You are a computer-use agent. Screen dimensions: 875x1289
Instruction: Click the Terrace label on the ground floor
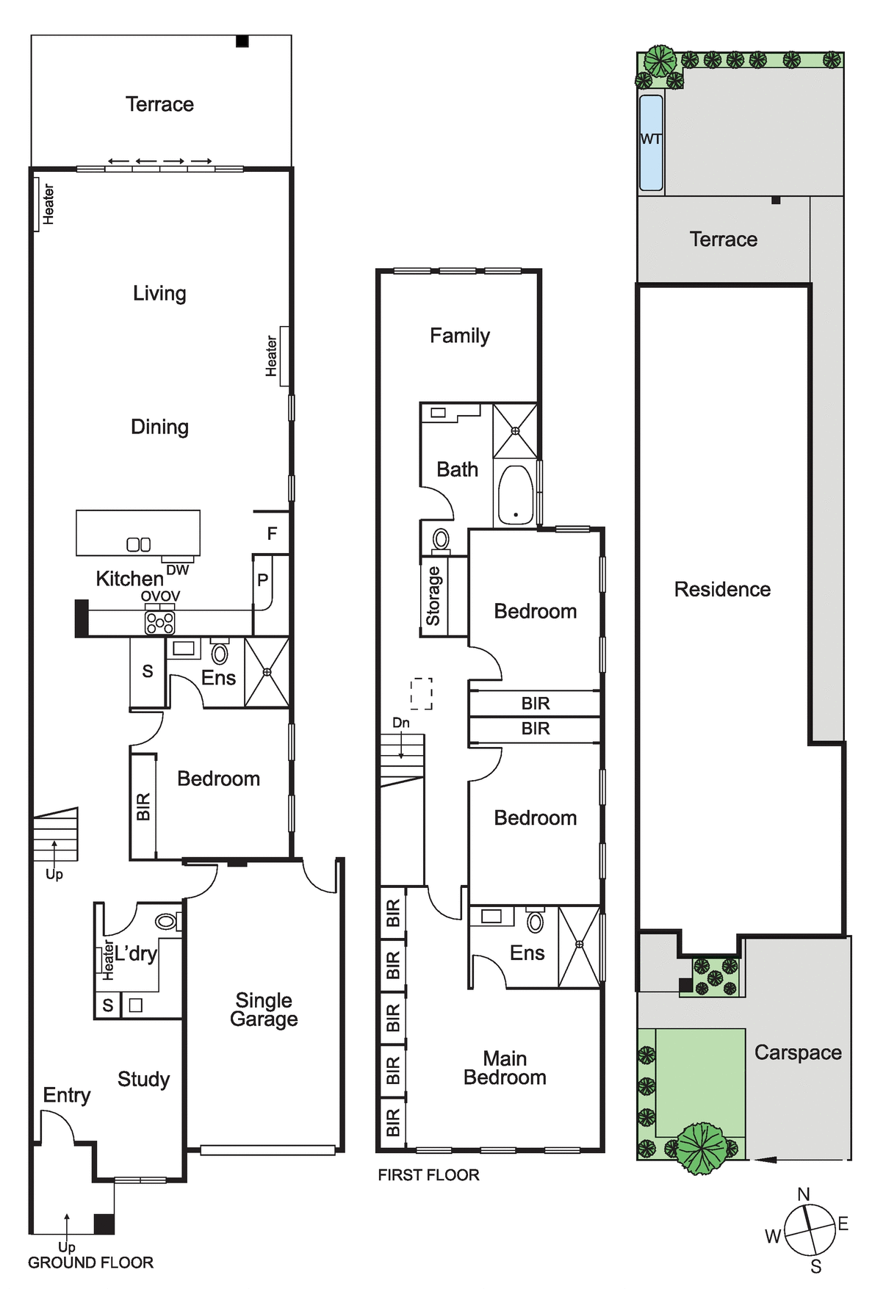(159, 104)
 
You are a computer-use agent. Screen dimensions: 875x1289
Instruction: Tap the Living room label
(159, 294)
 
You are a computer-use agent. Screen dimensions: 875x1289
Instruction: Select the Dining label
(159, 427)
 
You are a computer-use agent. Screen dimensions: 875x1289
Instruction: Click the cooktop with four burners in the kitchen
(160, 623)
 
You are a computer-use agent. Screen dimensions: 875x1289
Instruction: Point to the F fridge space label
(272, 534)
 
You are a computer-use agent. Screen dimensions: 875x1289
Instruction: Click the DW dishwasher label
(178, 570)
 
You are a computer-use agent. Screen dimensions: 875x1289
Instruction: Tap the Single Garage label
(264, 1010)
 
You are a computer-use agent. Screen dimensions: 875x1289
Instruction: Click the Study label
(143, 1079)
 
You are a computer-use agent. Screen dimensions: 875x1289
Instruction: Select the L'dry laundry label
(135, 954)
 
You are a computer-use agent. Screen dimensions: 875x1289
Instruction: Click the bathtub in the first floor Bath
(516, 495)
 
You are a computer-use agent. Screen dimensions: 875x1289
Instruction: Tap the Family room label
(460, 336)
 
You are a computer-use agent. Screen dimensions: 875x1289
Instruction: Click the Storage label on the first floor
(433, 596)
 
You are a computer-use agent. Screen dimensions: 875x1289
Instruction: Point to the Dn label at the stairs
(400, 723)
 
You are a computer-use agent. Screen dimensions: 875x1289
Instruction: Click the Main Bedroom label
(505, 1068)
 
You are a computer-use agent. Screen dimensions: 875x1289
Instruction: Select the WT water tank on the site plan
(651, 142)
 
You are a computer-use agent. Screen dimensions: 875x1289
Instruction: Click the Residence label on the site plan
(722, 590)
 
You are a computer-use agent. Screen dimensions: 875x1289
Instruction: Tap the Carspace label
(798, 1053)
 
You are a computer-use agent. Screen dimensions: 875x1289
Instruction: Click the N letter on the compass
(804, 1195)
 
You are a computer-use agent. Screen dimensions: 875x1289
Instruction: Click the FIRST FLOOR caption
(428, 1175)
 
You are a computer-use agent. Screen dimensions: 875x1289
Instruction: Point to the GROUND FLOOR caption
(90, 1263)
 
